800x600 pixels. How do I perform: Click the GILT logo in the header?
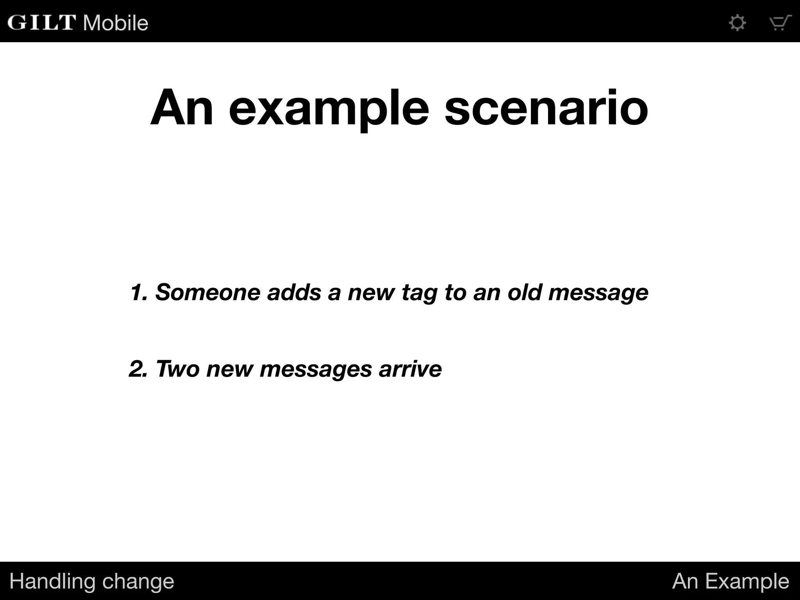pyautogui.click(x=41, y=22)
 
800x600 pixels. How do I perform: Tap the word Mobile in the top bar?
pyautogui.click(x=116, y=23)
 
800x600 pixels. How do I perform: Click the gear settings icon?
pyautogui.click(x=737, y=23)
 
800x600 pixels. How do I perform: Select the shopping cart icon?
pyautogui.click(x=780, y=23)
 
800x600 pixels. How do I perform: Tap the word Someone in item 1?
pyautogui.click(x=208, y=292)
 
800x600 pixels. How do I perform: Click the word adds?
pyautogui.click(x=294, y=292)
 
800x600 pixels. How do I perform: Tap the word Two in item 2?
pyautogui.click(x=178, y=368)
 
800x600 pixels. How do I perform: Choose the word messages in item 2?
pyautogui.click(x=316, y=369)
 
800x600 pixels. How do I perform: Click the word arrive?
pyautogui.click(x=410, y=368)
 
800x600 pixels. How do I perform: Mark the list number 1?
pyautogui.click(x=138, y=292)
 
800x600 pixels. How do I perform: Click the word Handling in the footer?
pyautogui.click(x=52, y=581)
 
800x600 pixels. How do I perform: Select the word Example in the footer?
pyautogui.click(x=747, y=581)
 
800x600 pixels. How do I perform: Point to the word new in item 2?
pyautogui.click(x=230, y=369)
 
